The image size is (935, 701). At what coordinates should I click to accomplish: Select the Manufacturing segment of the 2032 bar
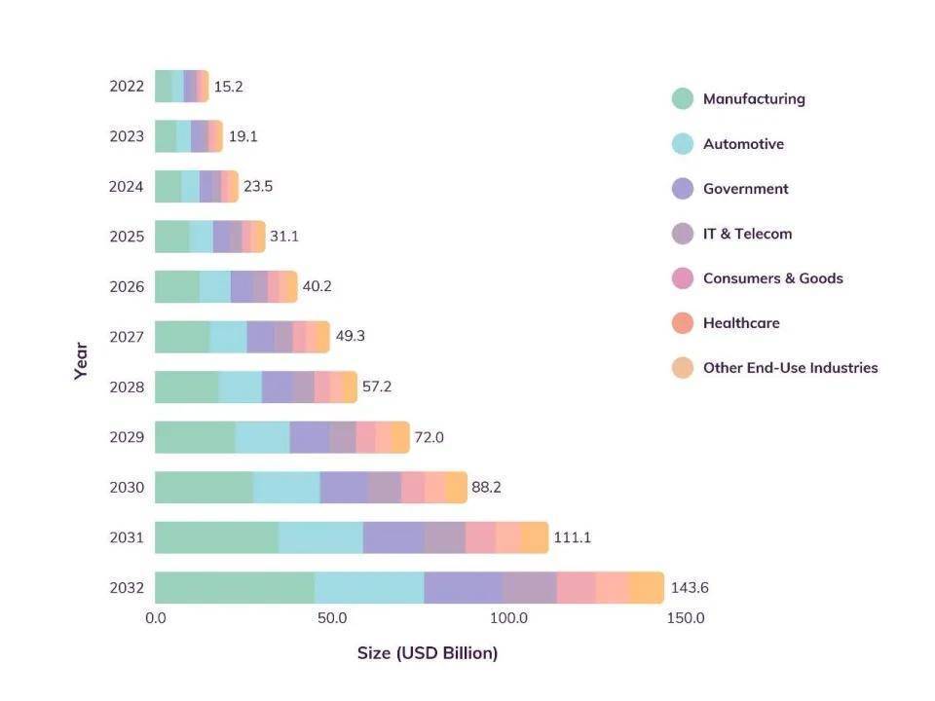pos(234,588)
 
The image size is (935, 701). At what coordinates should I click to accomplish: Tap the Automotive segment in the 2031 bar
pos(319,537)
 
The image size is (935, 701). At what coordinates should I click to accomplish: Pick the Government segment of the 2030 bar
pos(344,487)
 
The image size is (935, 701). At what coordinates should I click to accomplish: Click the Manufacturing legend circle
pos(683,98)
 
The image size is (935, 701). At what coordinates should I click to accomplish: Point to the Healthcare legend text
pos(741,323)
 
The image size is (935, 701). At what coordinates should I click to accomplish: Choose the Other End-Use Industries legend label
pos(790,368)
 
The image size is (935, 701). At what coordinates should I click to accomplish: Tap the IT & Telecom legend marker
pos(683,234)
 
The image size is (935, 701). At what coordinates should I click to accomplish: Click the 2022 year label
pos(127,87)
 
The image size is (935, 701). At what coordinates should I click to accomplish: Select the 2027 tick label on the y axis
pos(127,337)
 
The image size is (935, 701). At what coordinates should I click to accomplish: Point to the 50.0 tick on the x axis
pos(332,618)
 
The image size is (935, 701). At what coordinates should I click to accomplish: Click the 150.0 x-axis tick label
pos(686,618)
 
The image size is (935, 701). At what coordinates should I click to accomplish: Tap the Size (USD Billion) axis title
pos(428,653)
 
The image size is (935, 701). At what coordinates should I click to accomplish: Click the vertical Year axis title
pos(81,360)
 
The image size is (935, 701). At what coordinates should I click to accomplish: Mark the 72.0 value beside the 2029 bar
pos(429,437)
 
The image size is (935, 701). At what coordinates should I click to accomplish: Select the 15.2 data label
pos(228,87)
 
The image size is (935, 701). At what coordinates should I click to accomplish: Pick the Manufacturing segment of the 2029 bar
pos(195,437)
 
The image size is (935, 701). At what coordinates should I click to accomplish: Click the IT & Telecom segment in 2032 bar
pos(530,588)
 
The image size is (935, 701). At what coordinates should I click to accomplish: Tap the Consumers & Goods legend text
pos(772,278)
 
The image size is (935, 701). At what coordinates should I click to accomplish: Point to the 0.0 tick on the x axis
pos(156,618)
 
